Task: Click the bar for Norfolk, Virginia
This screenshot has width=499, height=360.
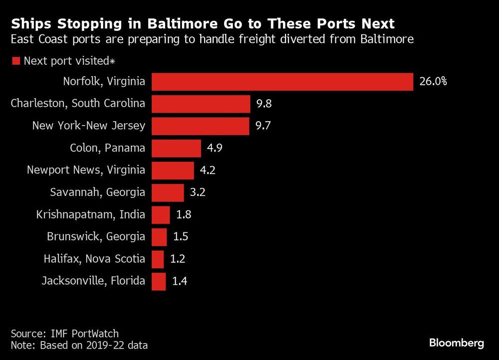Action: (282, 82)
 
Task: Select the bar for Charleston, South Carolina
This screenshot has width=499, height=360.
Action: (201, 104)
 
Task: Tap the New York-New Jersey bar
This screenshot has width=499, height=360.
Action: (200, 126)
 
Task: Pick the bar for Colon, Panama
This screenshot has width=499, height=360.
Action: (176, 149)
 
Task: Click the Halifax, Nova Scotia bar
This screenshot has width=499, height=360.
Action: (158, 259)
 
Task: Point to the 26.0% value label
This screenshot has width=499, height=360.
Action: (433, 82)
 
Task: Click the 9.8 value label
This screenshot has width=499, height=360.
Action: (264, 104)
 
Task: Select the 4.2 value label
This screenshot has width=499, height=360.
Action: (209, 171)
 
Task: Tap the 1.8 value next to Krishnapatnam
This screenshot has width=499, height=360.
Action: (184, 215)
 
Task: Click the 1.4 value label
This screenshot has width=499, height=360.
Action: (180, 282)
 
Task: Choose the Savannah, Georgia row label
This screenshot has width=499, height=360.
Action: (98, 192)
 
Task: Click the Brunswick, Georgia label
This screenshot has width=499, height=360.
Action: (96, 237)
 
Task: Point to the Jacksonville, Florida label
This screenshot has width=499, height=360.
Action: (93, 281)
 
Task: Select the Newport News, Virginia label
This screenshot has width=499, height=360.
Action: (86, 171)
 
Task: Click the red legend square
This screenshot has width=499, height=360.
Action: (15, 61)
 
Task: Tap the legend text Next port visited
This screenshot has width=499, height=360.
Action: (69, 61)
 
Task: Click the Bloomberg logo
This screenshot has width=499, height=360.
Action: (457, 343)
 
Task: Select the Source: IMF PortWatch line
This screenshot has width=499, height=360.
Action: (65, 334)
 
